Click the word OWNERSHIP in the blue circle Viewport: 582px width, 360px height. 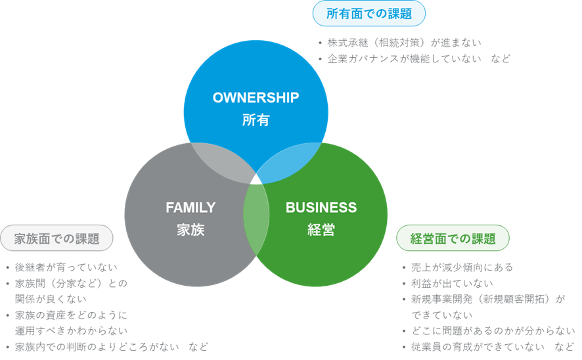pos(256,98)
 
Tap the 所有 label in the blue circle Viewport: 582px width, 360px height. pos(256,120)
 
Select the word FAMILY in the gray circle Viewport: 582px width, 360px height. pos(190,208)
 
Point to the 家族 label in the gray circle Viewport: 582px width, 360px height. pos(190,230)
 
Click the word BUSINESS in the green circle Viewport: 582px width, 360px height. pos(321,208)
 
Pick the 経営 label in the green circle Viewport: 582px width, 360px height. pos(321,230)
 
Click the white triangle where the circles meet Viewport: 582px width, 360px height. pos(256,179)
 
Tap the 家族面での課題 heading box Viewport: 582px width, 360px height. pos(57,238)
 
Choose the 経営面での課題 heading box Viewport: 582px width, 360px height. pos(453,238)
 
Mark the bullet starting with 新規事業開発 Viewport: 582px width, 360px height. pos(486,299)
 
